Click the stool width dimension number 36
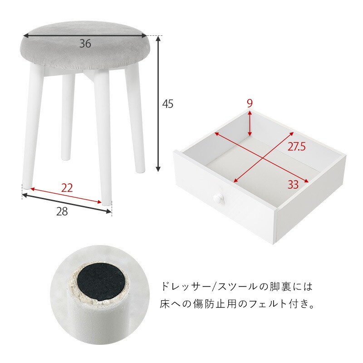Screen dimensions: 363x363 85,44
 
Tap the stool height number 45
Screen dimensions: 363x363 168,104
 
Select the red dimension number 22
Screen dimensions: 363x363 67,187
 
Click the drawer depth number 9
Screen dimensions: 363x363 250,103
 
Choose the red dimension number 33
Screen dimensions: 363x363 293,184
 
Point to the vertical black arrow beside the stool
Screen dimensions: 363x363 158,104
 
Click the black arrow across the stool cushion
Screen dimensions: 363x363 85,35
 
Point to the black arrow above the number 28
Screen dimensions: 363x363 67,203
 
